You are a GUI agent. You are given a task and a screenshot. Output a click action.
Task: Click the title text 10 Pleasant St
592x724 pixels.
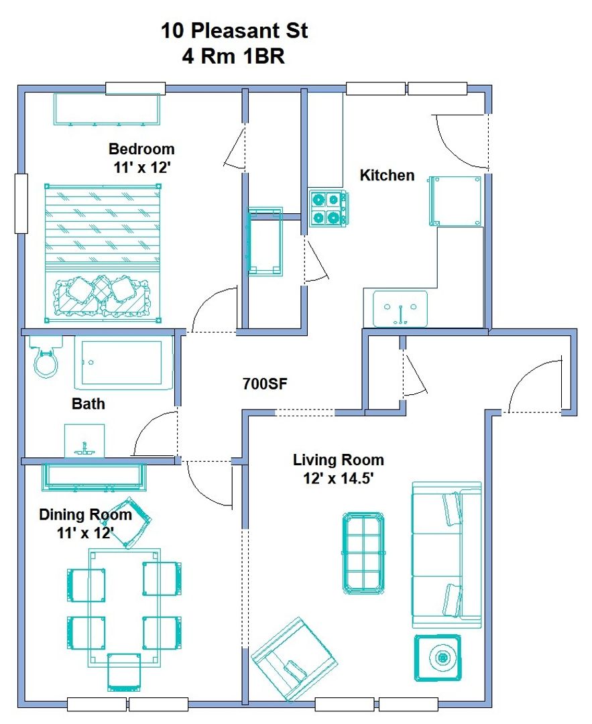[x=234, y=31]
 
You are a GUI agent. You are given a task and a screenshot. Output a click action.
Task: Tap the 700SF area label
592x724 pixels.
[x=265, y=383]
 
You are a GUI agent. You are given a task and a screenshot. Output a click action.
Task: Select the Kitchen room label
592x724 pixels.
[x=387, y=175]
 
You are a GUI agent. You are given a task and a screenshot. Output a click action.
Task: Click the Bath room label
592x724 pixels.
[x=88, y=404]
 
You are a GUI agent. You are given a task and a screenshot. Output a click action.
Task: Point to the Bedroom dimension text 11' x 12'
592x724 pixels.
[x=141, y=167]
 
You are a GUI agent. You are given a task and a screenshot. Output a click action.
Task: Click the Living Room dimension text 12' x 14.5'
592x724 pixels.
[x=338, y=478]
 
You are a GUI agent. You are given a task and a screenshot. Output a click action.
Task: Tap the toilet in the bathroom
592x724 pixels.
[x=45, y=357]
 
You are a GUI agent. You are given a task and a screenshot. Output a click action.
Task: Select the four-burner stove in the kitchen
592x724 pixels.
[x=328, y=208]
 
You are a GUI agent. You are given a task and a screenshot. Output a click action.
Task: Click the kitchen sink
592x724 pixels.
[x=400, y=308]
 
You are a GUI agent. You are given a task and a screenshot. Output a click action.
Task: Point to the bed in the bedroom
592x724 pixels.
[x=103, y=253]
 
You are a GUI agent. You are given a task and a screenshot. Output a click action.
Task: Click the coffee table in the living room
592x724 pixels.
[x=363, y=552]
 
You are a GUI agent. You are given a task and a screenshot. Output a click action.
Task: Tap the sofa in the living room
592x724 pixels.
[x=446, y=554]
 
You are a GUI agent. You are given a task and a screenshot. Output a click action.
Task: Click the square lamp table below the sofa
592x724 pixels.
[x=438, y=658]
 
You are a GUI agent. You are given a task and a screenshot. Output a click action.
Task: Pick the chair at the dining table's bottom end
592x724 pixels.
[x=124, y=672]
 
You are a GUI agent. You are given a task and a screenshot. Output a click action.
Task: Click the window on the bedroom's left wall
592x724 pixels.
[x=21, y=203]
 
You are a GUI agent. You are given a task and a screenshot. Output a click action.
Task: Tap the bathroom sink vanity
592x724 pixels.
[x=84, y=441]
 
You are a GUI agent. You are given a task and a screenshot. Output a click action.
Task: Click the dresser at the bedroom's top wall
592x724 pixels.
[x=107, y=109]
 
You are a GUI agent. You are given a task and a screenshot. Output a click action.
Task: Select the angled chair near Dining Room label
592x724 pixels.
[x=131, y=522]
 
